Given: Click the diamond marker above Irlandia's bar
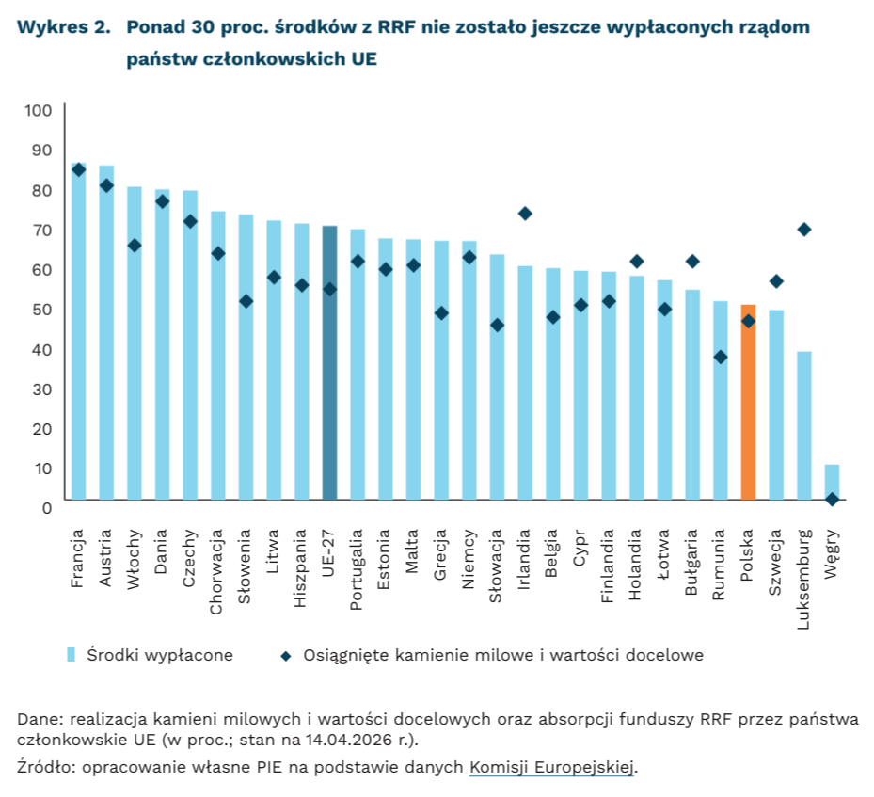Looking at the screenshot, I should pos(525,214).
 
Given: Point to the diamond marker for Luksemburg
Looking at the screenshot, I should pos(804,230).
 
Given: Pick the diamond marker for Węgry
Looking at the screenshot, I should pos(832,500).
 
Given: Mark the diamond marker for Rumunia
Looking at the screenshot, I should pos(721,357).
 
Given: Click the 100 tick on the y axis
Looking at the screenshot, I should pos(39,111).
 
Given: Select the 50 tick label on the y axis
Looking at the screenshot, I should pos(43,310).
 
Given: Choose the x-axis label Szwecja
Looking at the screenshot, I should pos(776,563).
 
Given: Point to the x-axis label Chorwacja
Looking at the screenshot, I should pos(217,571).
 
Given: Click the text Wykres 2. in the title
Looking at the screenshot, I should pos(62,27).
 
